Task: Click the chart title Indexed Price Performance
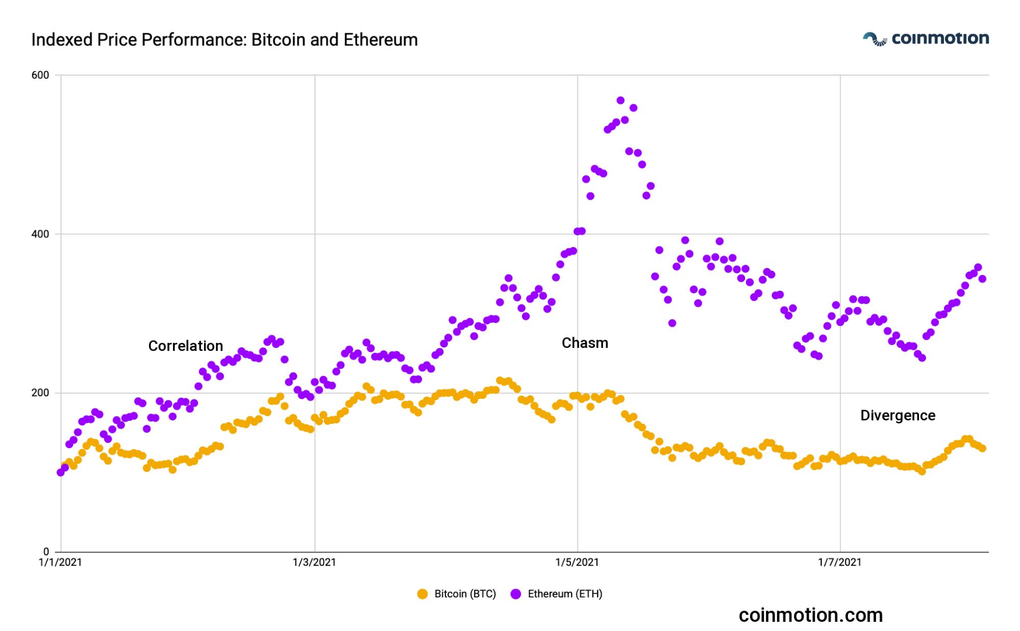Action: (225, 40)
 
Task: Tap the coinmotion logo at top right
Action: (926, 39)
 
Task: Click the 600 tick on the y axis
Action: (40, 75)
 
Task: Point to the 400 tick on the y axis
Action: (40, 234)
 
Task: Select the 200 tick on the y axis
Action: (40, 393)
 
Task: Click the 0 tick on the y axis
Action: (46, 552)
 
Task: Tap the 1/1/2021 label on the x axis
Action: (60, 563)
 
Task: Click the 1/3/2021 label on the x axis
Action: (314, 563)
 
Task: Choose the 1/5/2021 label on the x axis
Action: (577, 563)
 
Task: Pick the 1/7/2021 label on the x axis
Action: (840, 563)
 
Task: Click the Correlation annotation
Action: (186, 346)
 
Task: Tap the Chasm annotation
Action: (585, 343)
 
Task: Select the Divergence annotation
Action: (898, 415)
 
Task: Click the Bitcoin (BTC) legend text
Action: (465, 594)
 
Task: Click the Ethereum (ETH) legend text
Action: (565, 594)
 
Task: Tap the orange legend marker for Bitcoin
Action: (422, 594)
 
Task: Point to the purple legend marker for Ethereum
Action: (516, 594)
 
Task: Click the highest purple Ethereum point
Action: (620, 100)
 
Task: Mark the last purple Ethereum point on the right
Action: (982, 279)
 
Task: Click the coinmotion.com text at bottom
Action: (810, 615)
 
